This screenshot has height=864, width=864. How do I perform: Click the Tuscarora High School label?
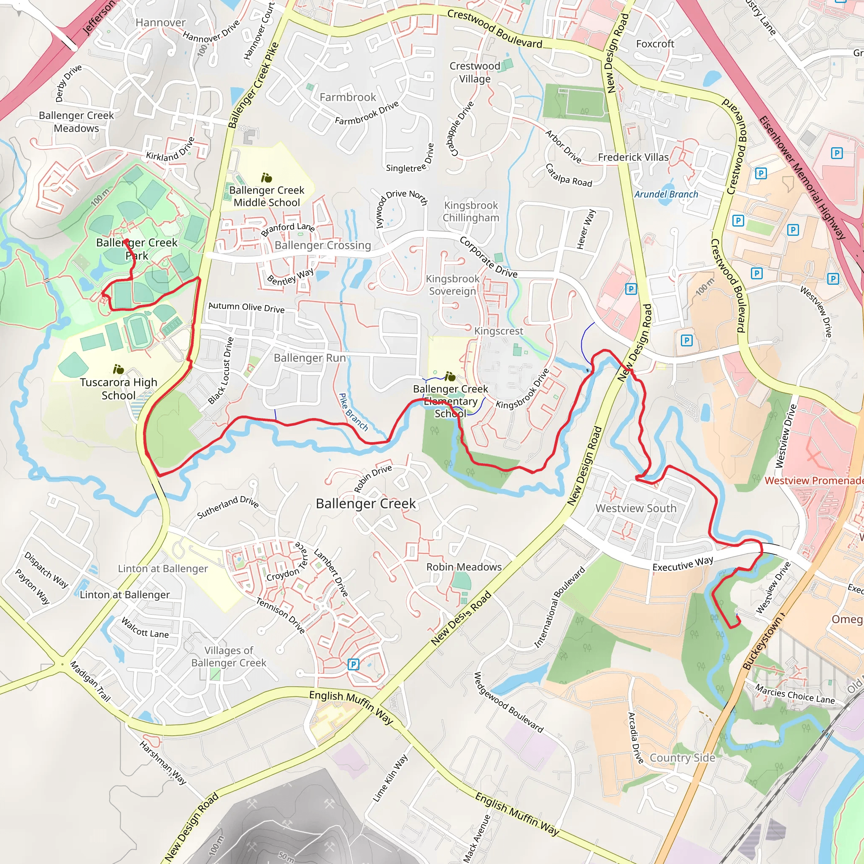point(119,389)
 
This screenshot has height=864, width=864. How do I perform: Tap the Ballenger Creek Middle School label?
point(267,196)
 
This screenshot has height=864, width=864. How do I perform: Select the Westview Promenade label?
point(813,481)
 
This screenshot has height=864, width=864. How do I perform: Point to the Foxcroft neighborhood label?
point(655,44)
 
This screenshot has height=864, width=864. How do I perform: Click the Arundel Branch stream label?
point(666,194)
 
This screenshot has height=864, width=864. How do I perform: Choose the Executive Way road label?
point(683,563)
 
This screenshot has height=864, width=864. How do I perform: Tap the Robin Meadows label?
point(464,567)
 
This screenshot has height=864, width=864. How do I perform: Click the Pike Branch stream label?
point(353,412)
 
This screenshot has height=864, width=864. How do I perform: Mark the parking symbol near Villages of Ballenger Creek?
point(353,664)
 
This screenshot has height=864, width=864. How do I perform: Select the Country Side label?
point(682,758)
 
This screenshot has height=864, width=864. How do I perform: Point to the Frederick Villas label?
point(633,157)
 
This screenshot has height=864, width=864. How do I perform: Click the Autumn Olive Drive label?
point(246,307)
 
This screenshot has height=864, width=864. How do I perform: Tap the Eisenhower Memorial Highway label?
point(802,178)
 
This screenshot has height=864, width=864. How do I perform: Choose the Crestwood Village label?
point(475,72)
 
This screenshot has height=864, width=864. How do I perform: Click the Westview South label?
point(635,508)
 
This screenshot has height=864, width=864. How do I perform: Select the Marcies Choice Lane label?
point(795,694)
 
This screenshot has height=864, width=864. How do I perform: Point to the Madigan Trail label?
point(90,681)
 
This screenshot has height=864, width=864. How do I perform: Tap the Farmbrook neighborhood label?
point(348,97)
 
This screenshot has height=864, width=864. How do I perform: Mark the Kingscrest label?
point(498,331)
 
